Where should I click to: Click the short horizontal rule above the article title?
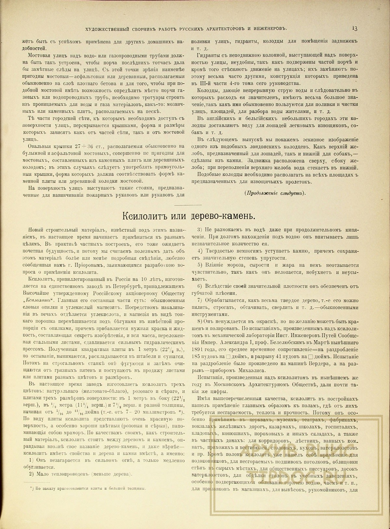(195, 205)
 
